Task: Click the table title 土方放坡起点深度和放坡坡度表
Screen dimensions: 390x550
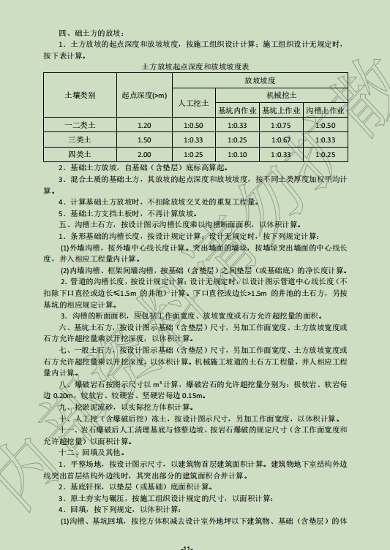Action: coord(195,66)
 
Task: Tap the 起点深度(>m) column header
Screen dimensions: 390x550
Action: coord(144,96)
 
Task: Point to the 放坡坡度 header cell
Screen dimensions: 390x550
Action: coord(260,80)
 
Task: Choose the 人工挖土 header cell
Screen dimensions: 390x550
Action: coord(194,103)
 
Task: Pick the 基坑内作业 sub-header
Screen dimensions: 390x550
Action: coord(238,110)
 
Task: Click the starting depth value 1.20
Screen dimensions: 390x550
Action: coord(144,126)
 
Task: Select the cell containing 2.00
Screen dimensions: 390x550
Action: coord(144,155)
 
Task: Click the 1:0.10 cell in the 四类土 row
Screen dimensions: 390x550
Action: coord(238,155)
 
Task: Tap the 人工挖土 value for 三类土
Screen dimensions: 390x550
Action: coord(194,140)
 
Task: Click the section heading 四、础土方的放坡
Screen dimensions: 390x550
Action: coord(91,33)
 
